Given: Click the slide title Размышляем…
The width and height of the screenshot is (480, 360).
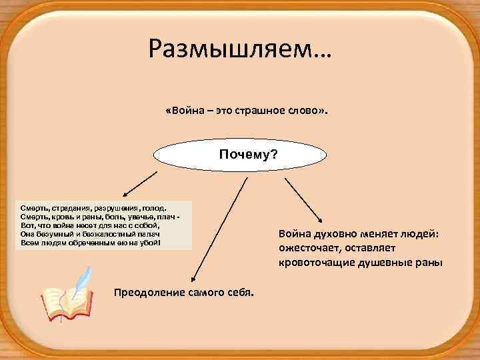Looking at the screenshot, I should pos(240,47).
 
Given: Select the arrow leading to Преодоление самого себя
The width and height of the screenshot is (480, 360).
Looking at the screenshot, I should pos(215,233).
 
